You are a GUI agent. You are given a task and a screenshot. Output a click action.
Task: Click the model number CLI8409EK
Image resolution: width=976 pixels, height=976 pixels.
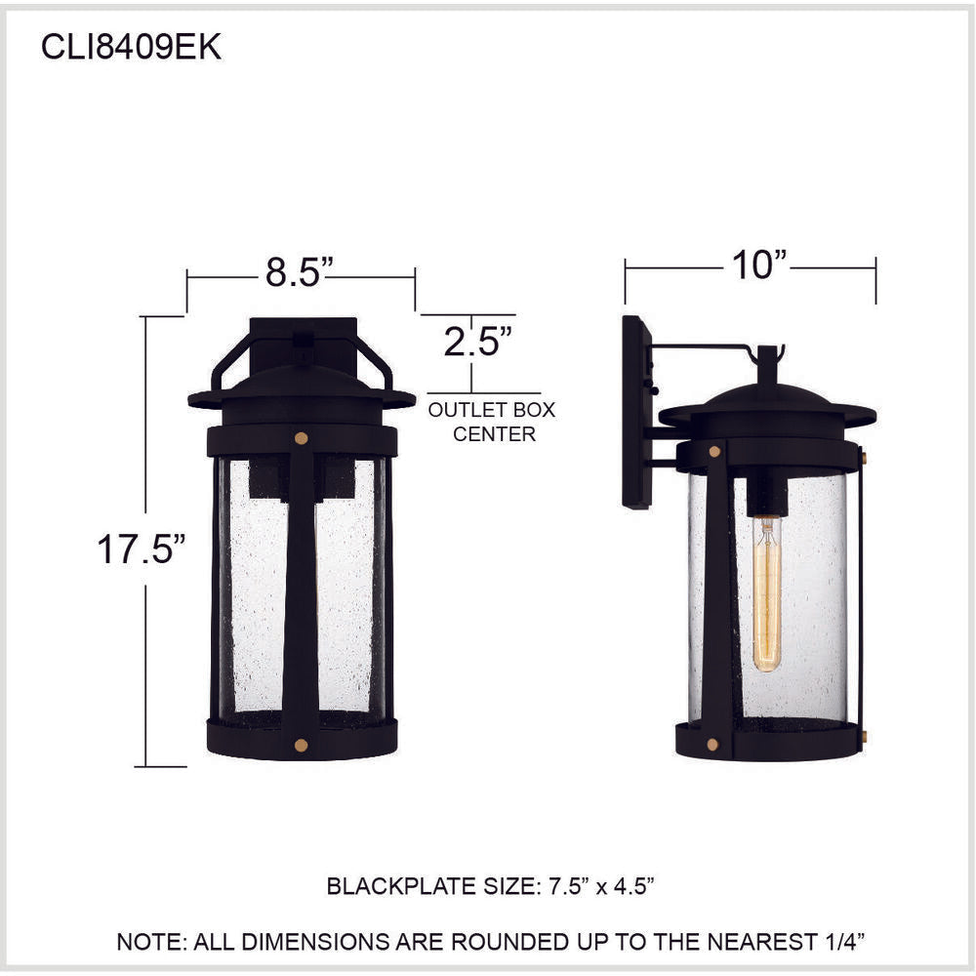click(131, 47)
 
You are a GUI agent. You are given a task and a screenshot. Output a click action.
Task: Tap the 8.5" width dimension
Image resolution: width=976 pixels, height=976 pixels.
click(300, 272)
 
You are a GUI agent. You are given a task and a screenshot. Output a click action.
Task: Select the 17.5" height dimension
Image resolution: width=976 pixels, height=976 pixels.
click(142, 549)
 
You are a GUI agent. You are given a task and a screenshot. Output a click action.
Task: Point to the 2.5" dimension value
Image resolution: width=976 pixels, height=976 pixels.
click(477, 341)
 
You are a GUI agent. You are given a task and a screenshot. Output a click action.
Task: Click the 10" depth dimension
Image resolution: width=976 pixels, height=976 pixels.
click(759, 264)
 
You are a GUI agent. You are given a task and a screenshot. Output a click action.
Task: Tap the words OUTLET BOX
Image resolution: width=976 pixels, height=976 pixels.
click(492, 410)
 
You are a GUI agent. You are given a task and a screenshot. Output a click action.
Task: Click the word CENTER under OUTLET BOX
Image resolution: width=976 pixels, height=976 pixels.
click(494, 434)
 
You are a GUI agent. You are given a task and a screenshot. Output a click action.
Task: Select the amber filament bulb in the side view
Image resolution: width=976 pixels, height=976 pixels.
click(767, 593)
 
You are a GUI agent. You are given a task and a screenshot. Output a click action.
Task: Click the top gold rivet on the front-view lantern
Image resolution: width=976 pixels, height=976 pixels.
click(302, 438)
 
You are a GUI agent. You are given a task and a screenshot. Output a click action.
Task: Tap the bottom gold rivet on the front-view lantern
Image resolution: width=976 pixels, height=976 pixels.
click(302, 745)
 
